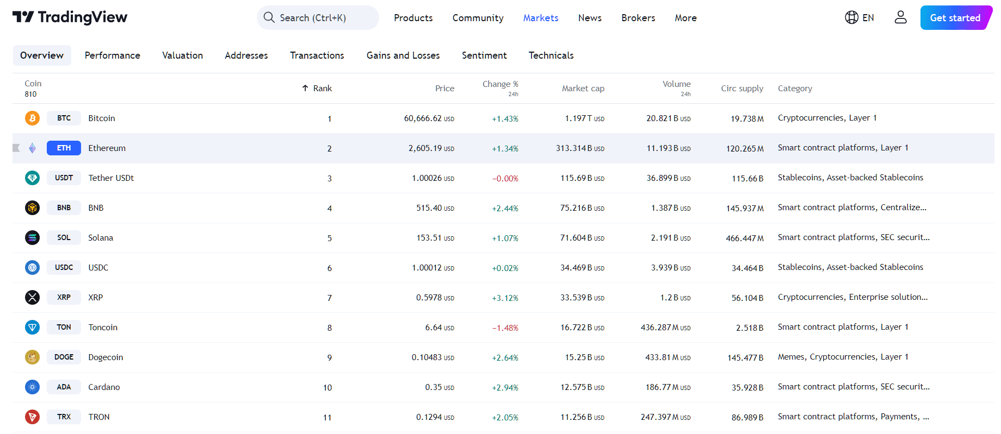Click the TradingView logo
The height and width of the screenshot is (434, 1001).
[x=70, y=17]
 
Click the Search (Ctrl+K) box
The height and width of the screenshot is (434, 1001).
[x=318, y=18]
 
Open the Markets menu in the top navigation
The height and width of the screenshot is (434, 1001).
[x=540, y=18]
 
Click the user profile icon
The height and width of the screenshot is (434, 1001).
[x=900, y=17]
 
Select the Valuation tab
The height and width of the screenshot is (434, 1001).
[x=182, y=55]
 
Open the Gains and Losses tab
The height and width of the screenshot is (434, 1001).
[x=403, y=55]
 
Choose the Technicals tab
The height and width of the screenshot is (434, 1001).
[x=551, y=55]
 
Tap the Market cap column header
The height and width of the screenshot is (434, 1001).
[x=583, y=89]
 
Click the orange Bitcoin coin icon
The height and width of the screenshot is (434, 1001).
[x=32, y=118]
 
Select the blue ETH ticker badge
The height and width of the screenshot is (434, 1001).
[x=64, y=148]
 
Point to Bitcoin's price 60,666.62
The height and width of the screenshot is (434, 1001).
[x=423, y=118]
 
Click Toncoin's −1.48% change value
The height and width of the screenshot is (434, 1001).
[x=505, y=328]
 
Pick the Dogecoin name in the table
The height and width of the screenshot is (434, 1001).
[x=106, y=357]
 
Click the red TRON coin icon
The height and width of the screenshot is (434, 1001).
[x=32, y=417]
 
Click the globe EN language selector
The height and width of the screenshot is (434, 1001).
[x=859, y=18]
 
